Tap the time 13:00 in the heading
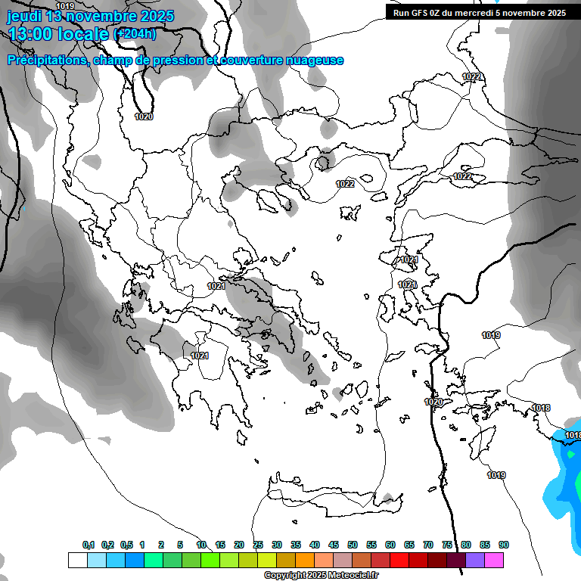[31, 34]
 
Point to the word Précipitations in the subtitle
[47, 61]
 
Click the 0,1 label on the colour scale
[89, 545]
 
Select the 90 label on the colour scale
[504, 545]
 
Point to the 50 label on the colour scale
[353, 545]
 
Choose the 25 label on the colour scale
[258, 545]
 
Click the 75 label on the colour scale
[447, 545]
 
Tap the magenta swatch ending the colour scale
[494, 560]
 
